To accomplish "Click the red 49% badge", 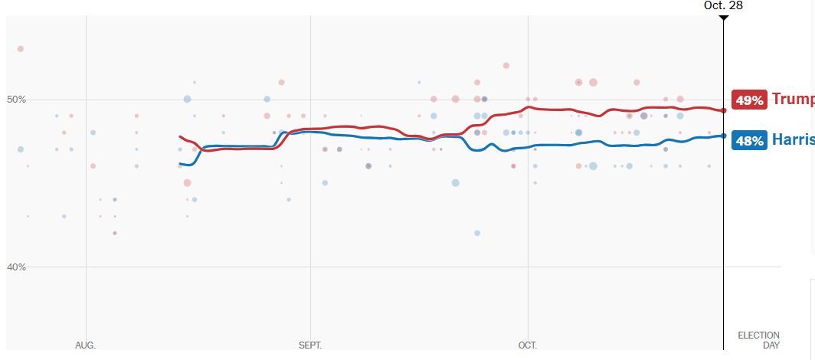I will (749, 100).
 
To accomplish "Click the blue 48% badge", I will (749, 141).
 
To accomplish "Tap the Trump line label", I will (793, 99).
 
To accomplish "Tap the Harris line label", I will (793, 140).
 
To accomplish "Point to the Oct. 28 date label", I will (723, 5).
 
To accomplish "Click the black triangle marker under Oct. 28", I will (724, 17).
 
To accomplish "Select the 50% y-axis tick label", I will (17, 100).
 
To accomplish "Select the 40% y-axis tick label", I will (17, 267).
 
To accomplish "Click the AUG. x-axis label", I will (85, 345).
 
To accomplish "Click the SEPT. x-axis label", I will (310, 345).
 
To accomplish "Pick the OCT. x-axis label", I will (528, 345).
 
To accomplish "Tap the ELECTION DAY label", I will (758, 340).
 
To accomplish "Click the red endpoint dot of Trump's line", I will (724, 110).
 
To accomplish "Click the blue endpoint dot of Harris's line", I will (724, 136).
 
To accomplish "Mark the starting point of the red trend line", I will (180, 137).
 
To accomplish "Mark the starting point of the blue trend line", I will (180, 164).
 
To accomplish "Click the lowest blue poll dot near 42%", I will (477, 233).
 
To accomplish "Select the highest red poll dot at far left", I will (21, 49).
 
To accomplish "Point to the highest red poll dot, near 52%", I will (506, 66).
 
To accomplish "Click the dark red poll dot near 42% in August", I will (115, 233).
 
